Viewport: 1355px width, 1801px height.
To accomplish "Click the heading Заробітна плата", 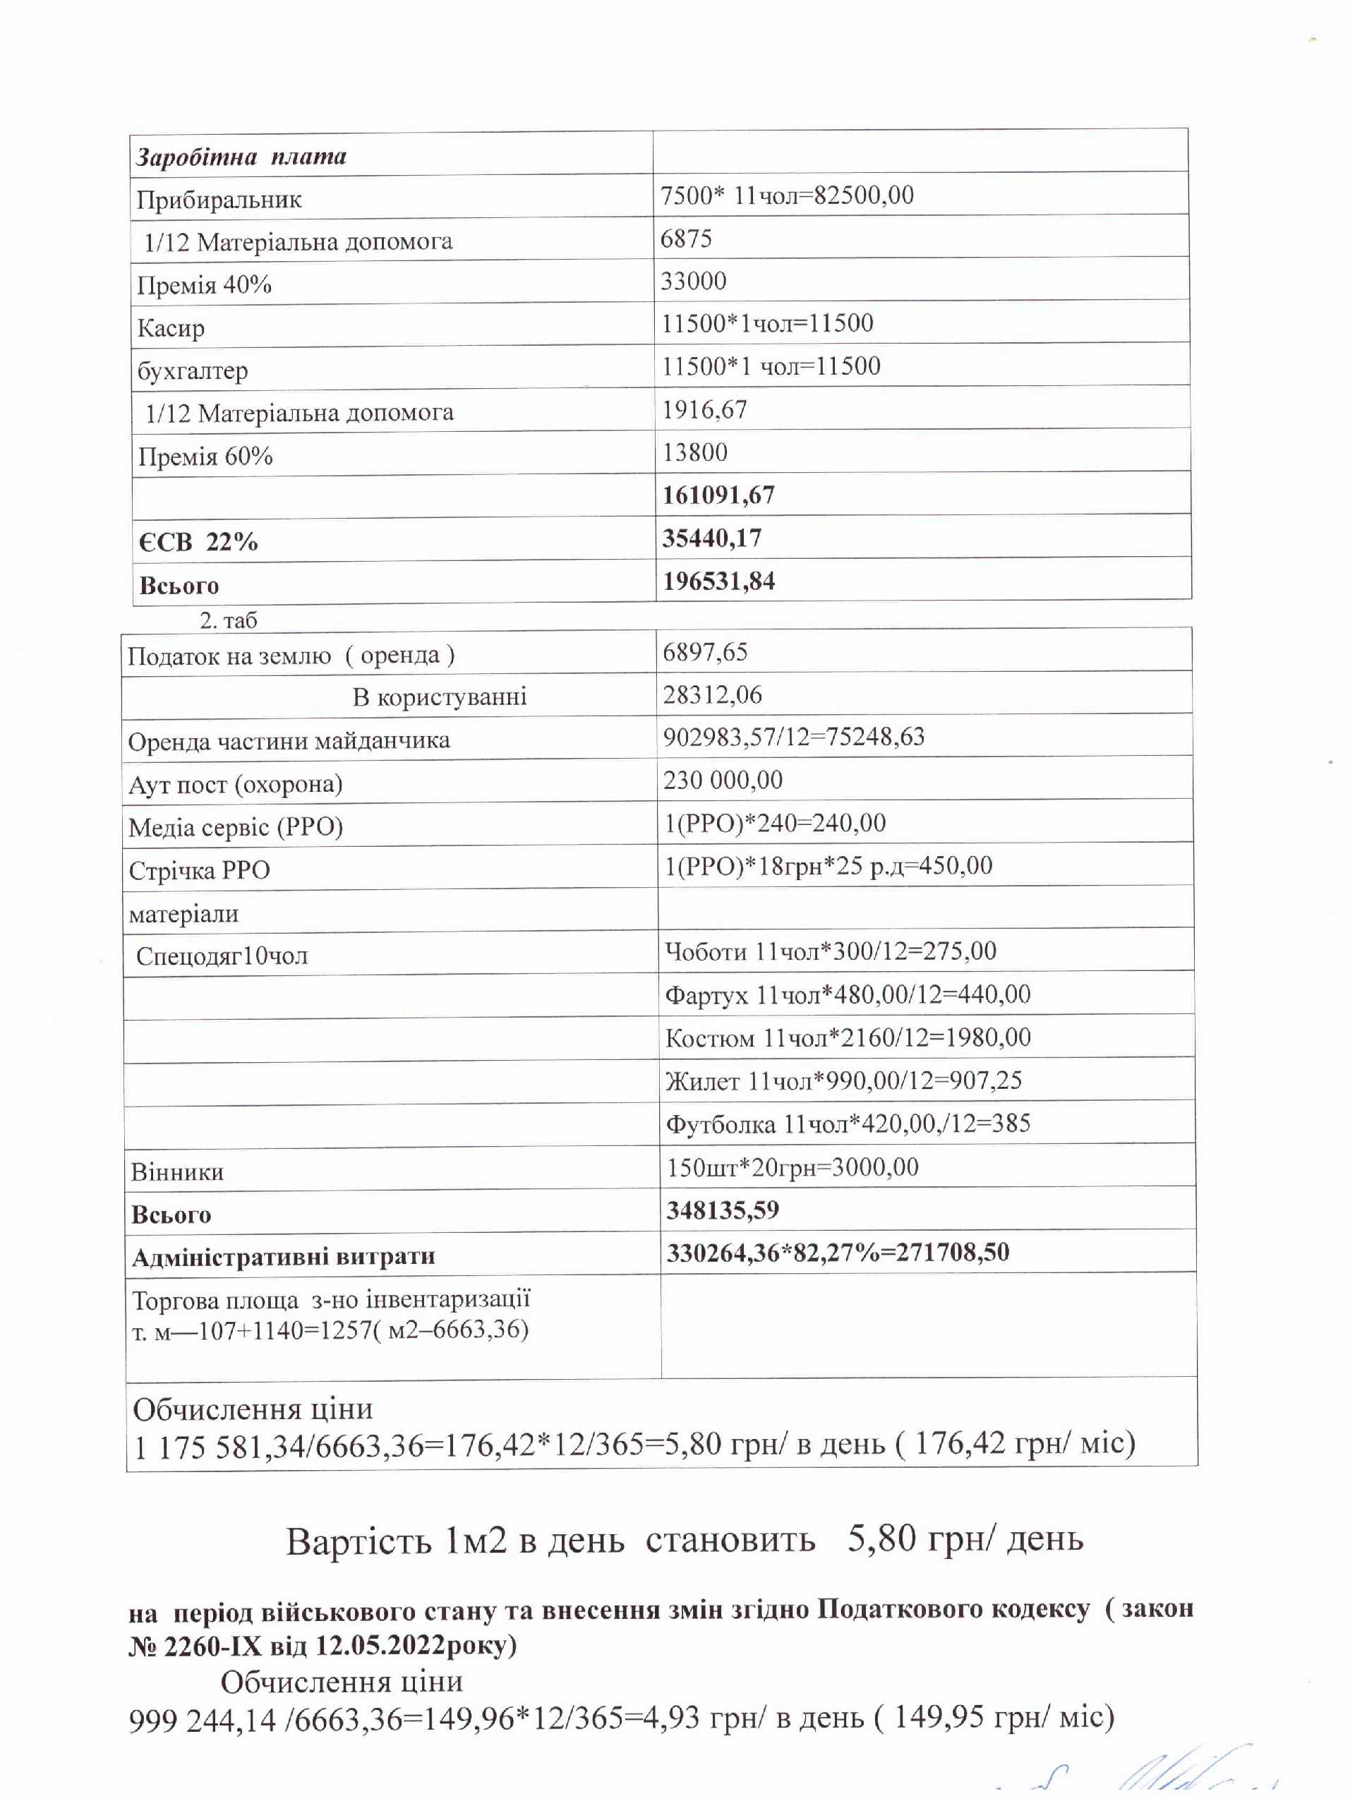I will point(241,157).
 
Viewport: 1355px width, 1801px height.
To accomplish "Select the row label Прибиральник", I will point(219,200).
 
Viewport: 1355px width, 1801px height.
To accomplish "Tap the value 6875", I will point(686,239).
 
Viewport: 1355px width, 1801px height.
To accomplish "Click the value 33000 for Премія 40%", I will point(693,281).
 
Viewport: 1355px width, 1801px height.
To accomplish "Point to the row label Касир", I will point(170,328).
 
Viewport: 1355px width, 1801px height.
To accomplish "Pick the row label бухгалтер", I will point(192,371).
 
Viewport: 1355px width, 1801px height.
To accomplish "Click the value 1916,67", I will point(704,409).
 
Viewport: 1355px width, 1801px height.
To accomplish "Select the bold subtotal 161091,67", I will point(718,495).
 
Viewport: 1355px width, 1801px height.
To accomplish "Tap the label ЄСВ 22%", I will point(198,541).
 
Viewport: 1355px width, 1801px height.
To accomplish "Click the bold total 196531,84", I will point(718,582).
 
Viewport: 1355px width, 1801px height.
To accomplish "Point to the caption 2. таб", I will point(228,620).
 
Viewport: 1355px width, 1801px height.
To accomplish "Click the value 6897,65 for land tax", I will point(704,652).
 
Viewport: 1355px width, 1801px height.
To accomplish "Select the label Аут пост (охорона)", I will point(235,784).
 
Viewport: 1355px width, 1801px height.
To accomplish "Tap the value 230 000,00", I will point(722,780).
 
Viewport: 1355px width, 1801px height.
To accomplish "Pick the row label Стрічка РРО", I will point(200,870).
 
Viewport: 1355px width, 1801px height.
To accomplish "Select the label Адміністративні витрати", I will point(284,1256).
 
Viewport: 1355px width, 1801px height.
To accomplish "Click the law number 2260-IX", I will point(212,1646).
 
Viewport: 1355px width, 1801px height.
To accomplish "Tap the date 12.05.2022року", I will point(415,1646).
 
